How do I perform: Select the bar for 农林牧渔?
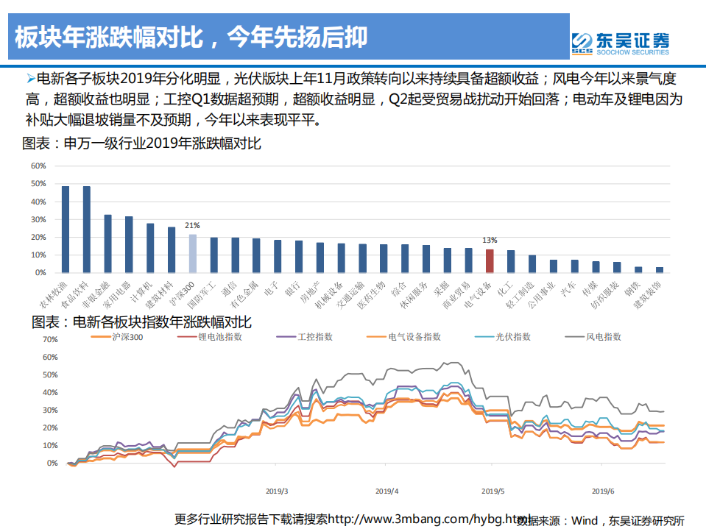(66, 230)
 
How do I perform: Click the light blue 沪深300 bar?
(193, 253)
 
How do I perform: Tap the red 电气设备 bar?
(490, 260)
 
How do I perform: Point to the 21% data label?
(193, 226)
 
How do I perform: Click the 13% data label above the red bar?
(490, 240)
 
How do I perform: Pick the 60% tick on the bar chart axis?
(38, 166)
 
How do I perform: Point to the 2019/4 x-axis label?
(386, 491)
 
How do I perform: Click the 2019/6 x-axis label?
(604, 491)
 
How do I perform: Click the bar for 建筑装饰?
(660, 269)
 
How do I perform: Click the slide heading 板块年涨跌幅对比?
(191, 36)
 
